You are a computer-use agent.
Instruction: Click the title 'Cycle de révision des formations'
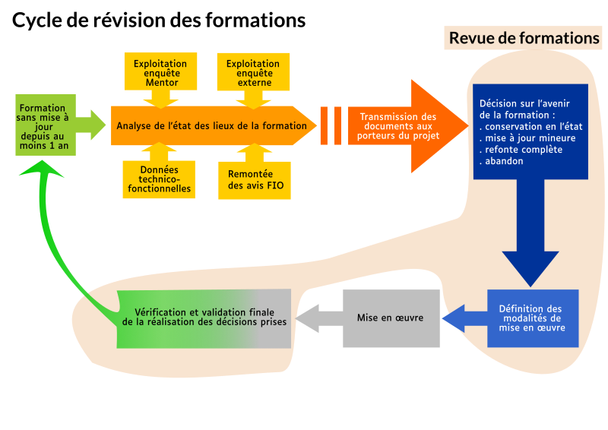pyautogui.click(x=159, y=21)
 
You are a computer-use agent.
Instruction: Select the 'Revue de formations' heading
pyautogui.click(x=524, y=38)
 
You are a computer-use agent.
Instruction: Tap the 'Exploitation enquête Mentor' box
pyautogui.click(x=160, y=73)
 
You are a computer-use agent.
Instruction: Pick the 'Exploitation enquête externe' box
pyautogui.click(x=253, y=73)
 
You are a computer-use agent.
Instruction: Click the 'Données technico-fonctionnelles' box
pyautogui.click(x=160, y=179)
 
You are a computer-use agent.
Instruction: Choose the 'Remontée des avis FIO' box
pyautogui.click(x=254, y=179)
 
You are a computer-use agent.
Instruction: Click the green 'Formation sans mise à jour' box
pyautogui.click(x=44, y=125)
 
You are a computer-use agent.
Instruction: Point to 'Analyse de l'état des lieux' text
pyautogui.click(x=212, y=126)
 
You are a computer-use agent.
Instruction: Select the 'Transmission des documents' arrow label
pyautogui.click(x=398, y=126)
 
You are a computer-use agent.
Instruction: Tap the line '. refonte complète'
pyautogui.click(x=521, y=150)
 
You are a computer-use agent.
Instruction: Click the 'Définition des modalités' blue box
pyautogui.click(x=532, y=318)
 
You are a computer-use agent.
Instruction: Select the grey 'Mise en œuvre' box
pyautogui.click(x=391, y=318)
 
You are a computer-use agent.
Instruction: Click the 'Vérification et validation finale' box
pyautogui.click(x=204, y=318)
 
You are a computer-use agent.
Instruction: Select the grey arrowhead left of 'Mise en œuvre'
pyautogui.click(x=308, y=318)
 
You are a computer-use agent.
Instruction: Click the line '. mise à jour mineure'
pyautogui.click(x=528, y=138)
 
